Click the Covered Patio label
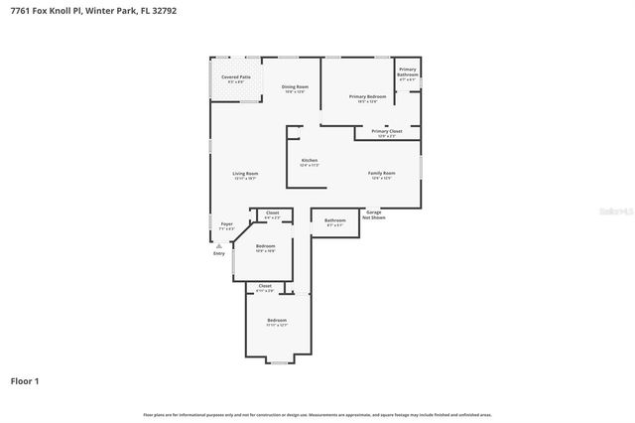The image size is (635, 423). [236, 75]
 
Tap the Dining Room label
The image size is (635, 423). [295, 87]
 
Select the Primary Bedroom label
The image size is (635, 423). [367, 96]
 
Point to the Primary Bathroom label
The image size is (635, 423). [408, 71]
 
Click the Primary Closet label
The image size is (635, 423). [387, 131]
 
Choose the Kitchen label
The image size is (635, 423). [310, 160]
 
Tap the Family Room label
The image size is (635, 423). [382, 174]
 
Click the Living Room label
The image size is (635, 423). [245, 175]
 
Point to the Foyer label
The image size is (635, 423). [226, 224]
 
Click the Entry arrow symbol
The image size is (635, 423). [218, 244]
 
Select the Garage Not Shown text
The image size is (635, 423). [374, 213]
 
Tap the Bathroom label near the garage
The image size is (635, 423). [335, 220]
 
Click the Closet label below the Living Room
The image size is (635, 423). [272, 212]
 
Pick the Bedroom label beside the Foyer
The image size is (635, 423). [265, 246]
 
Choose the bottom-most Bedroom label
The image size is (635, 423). [277, 320]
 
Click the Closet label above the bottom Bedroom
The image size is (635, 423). [265, 286]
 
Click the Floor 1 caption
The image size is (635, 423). [25, 380]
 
